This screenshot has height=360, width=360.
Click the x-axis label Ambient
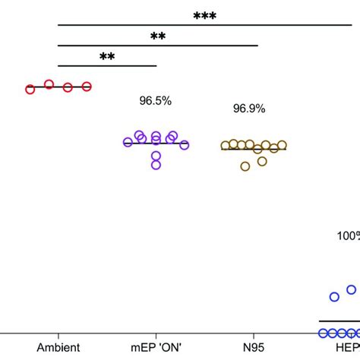[x=58, y=347]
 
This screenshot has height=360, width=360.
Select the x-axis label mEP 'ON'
[x=155, y=347]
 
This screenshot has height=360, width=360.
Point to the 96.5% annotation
[x=155, y=100]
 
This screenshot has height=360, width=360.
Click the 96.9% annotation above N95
[x=249, y=109]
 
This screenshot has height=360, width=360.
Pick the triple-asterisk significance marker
[x=204, y=16]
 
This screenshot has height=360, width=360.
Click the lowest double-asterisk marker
[x=108, y=57]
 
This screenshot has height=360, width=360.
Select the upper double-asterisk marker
[x=158, y=36]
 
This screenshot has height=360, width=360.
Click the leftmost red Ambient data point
[x=30, y=89]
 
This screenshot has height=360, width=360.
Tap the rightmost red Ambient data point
[x=87, y=87]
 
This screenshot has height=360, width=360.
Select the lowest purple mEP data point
[x=156, y=165]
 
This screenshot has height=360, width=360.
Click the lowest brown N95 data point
[x=245, y=166]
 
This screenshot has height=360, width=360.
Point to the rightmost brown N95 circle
[x=283, y=145]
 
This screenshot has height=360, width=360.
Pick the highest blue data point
[x=352, y=289]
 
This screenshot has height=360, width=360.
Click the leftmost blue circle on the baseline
[x=323, y=333]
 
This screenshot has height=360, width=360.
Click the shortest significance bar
[x=107, y=65]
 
